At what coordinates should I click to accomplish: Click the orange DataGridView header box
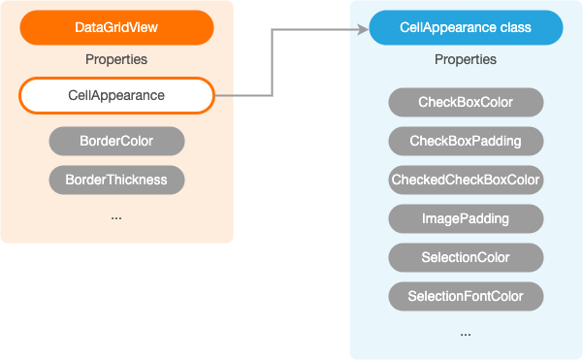tap(116, 28)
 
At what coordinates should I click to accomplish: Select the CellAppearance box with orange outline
tap(116, 95)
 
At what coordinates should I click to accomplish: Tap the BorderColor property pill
tap(116, 141)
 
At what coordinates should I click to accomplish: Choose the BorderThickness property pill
tap(116, 180)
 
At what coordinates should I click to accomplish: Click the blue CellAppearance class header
tap(466, 28)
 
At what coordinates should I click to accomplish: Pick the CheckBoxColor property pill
tap(466, 102)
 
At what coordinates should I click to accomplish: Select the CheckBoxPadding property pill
tap(466, 141)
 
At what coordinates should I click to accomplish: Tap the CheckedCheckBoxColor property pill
tap(466, 180)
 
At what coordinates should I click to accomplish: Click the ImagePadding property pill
tap(466, 218)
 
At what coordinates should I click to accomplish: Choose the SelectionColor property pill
tap(466, 257)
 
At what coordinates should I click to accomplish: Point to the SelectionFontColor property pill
tap(466, 296)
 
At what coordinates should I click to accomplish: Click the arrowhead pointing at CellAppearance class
tap(363, 28)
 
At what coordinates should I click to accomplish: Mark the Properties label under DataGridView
tap(116, 60)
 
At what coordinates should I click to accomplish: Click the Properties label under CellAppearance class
tap(466, 60)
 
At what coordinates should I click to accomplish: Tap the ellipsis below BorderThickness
tap(116, 218)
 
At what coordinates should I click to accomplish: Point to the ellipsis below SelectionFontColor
tap(466, 334)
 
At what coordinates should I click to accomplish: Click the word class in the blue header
tap(514, 28)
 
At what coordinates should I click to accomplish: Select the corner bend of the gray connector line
tap(273, 29)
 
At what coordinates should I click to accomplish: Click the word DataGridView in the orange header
tap(116, 28)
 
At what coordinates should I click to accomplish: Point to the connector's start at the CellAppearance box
tap(216, 95)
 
